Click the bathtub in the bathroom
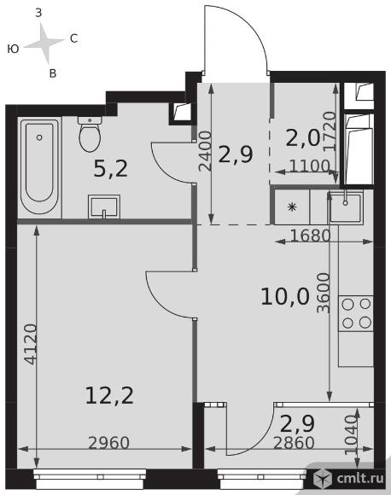[x=39, y=166]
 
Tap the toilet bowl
[x=90, y=134]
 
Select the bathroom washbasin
[x=104, y=207]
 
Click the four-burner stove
[x=356, y=313]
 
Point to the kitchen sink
[x=346, y=207]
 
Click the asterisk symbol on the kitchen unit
[x=292, y=207]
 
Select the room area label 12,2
[x=109, y=396]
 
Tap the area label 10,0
[x=285, y=297]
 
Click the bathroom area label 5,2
[x=111, y=169]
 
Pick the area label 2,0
[x=302, y=138]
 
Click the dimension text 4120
[x=32, y=344]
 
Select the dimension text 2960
[x=109, y=443]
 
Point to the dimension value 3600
[x=323, y=293]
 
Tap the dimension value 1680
[x=310, y=236]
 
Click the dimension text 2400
[x=205, y=151]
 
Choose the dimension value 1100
[x=310, y=166]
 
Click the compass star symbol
[x=45, y=44]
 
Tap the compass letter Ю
[x=14, y=49]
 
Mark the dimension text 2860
[x=294, y=443]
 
